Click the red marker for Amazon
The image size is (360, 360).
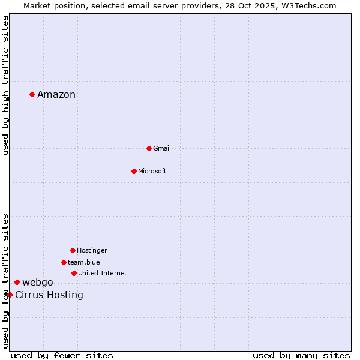(32, 94)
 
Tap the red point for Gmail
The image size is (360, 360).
(149, 148)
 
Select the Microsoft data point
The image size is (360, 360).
(134, 171)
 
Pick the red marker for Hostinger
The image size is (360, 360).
(73, 250)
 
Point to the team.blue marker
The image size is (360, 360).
(64, 262)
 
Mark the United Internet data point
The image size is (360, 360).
(74, 273)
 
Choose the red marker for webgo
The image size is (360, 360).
(17, 282)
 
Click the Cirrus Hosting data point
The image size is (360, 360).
(10, 295)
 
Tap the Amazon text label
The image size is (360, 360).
(56, 94)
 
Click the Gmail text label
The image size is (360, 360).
(162, 148)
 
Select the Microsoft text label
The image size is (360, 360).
(152, 171)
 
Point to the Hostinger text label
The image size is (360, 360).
(92, 250)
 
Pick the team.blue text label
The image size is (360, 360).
(84, 262)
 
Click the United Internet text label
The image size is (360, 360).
(103, 273)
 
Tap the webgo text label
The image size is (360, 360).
(38, 282)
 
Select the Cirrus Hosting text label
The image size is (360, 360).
(49, 295)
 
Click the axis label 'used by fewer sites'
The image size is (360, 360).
(62, 355)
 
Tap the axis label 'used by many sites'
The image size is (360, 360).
(301, 355)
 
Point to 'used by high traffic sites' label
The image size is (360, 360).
(5, 85)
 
